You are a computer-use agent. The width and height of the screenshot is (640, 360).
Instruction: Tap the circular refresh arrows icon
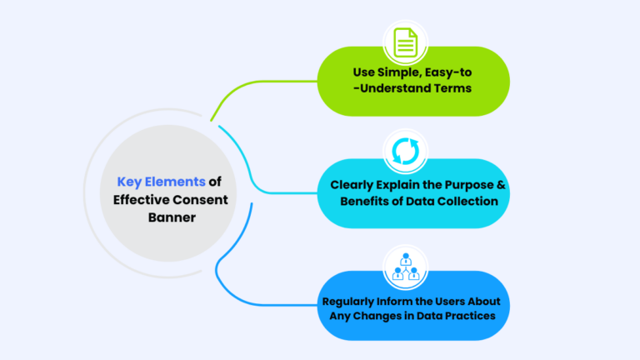tap(404, 151)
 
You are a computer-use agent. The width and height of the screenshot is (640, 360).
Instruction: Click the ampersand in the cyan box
tap(492, 185)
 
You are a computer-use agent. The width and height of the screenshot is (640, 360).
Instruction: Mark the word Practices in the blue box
tap(471, 316)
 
